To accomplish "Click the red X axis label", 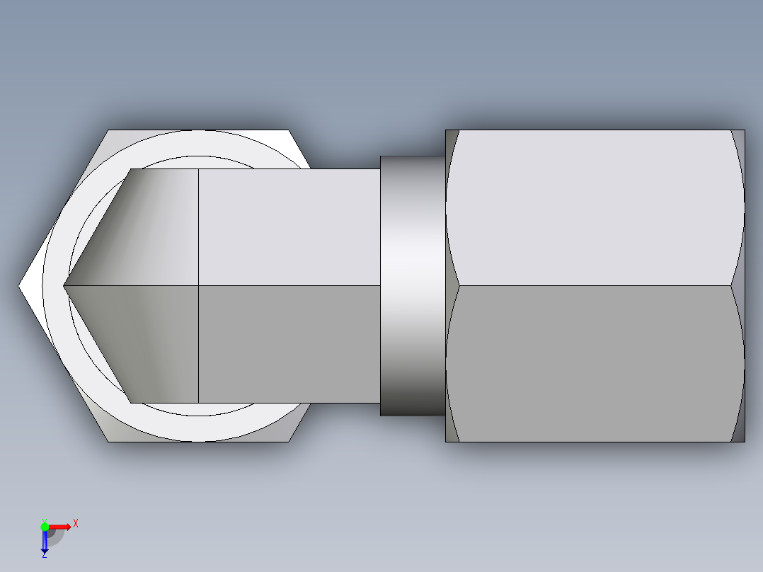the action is click(76, 524).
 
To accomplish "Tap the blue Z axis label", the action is click(45, 554).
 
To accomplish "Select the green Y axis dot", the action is click(45, 527).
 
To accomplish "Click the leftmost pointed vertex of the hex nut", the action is click(18, 286).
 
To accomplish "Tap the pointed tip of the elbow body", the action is click(64, 286).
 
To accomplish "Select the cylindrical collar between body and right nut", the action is click(413, 286).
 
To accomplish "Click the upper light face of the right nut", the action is click(595, 208).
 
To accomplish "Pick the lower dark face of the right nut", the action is click(595, 364).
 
